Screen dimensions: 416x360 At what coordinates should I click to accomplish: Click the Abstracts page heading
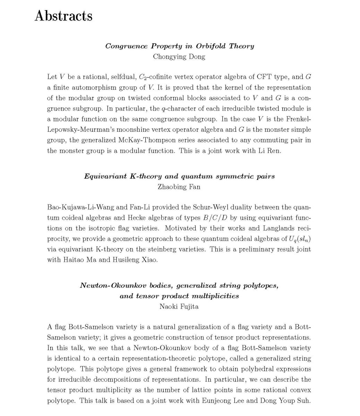pos(63,16)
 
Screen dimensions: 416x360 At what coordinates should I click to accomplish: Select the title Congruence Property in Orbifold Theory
pos(179,46)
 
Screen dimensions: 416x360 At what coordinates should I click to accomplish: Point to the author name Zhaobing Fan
pos(179,187)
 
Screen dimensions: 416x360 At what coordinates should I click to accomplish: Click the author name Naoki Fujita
pos(179,306)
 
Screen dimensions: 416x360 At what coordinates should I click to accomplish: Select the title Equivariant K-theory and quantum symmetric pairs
pos(179,176)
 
